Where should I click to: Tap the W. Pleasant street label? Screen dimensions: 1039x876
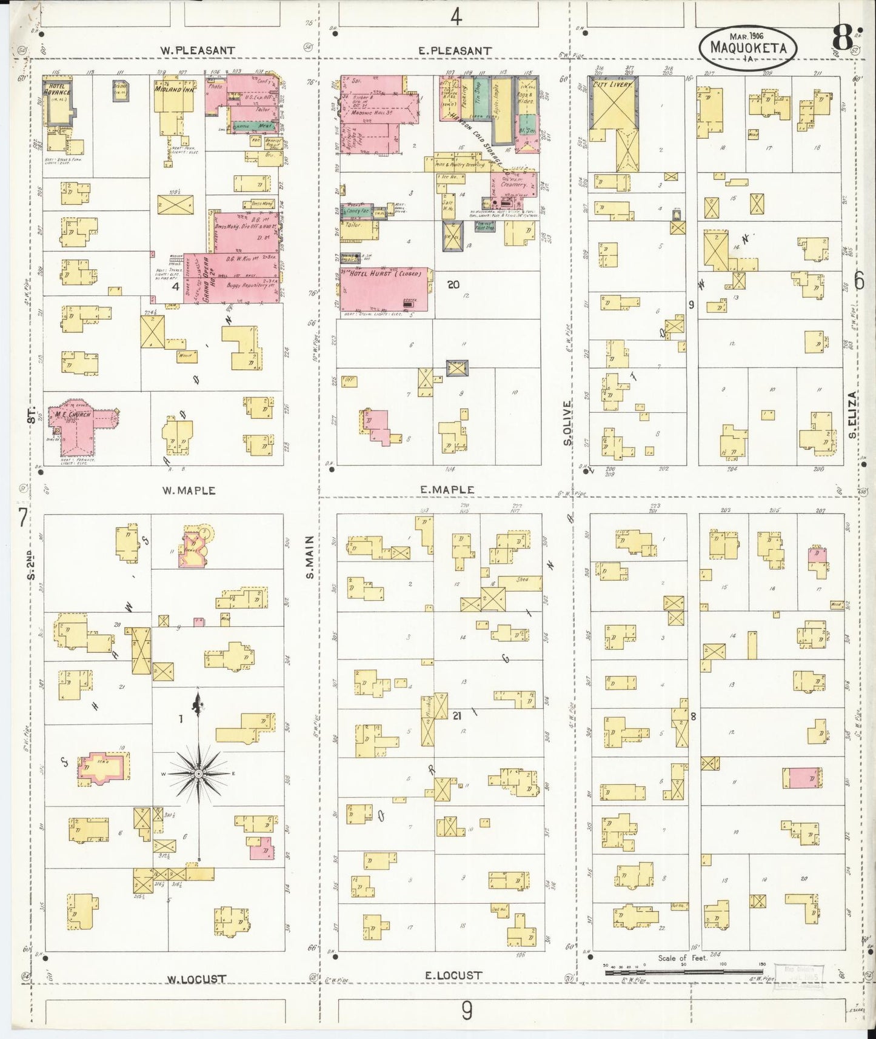(197, 50)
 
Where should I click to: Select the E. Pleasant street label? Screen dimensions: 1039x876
(455, 50)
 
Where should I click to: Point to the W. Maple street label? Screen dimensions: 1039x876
(189, 490)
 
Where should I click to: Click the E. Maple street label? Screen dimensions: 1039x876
(446, 489)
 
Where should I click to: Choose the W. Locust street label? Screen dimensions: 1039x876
(197, 979)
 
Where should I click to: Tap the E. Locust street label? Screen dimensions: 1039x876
(453, 975)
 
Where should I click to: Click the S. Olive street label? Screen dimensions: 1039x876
(567, 422)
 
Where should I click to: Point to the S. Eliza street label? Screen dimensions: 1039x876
(852, 415)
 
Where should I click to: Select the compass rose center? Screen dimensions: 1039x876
(198, 774)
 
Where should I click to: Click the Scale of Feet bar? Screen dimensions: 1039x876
(681, 972)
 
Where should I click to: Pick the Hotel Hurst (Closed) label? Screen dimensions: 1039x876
(388, 274)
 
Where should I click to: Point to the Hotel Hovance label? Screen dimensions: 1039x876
(57, 90)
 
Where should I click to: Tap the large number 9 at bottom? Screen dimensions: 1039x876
(467, 1011)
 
